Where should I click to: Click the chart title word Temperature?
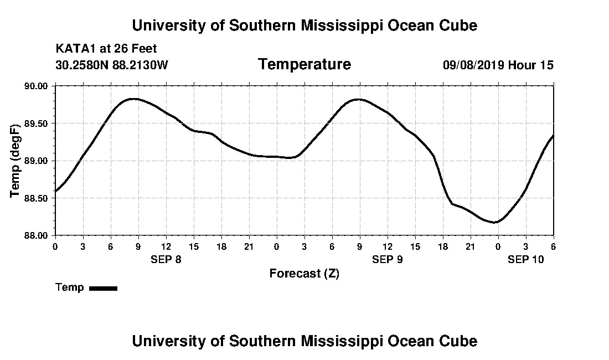tap(304, 65)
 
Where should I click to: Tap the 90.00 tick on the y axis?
tap(37, 86)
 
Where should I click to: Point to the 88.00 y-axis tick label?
tap(37, 235)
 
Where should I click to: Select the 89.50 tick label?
tap(37, 124)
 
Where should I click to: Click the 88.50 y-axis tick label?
tap(37, 198)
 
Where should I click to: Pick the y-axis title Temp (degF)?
tap(15, 161)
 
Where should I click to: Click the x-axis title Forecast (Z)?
tap(304, 274)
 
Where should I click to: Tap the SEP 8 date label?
tap(166, 259)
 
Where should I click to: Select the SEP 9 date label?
tap(388, 259)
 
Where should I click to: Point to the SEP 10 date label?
tap(526, 259)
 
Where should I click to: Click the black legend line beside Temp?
tap(103, 288)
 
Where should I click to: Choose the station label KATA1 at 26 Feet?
tap(106, 49)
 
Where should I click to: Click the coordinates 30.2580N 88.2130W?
tap(112, 65)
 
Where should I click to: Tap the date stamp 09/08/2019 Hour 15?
tap(498, 65)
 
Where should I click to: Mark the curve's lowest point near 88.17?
tap(496, 222)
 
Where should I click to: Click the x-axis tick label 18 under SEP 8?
tap(221, 246)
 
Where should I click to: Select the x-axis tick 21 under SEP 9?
tap(470, 246)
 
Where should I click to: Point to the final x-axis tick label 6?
tap(553, 246)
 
